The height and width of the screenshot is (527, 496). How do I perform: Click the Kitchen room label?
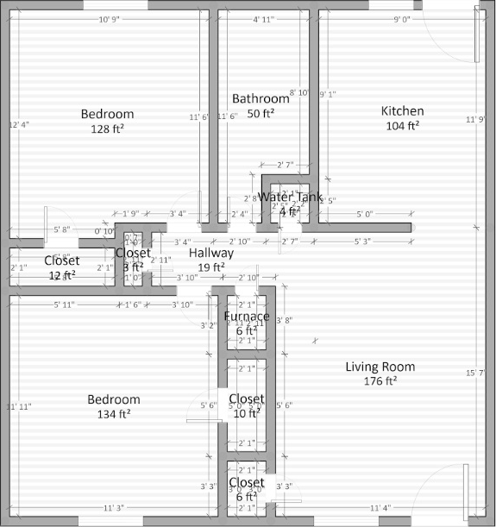point(402,111)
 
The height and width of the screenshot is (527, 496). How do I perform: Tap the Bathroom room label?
point(261,99)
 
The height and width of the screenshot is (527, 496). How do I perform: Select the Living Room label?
point(380,367)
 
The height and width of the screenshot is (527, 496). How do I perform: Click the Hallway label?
point(211,254)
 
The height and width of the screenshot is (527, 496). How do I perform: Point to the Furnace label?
point(247,317)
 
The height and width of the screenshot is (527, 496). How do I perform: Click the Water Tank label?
point(290,197)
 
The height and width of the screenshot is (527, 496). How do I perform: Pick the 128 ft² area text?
point(108,129)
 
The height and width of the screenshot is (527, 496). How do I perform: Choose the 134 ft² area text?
point(114,415)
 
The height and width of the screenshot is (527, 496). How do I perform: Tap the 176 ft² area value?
point(380,381)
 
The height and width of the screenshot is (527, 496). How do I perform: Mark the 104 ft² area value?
point(402,126)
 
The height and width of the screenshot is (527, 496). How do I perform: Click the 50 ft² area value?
point(261,114)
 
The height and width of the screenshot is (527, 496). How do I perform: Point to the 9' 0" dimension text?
point(403,19)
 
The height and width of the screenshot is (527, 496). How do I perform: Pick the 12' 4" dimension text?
point(19,125)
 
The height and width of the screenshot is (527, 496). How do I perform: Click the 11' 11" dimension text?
point(19,406)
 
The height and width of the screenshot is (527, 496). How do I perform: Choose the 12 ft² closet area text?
point(61,276)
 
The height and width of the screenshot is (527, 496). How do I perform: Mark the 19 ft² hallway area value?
point(211,268)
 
